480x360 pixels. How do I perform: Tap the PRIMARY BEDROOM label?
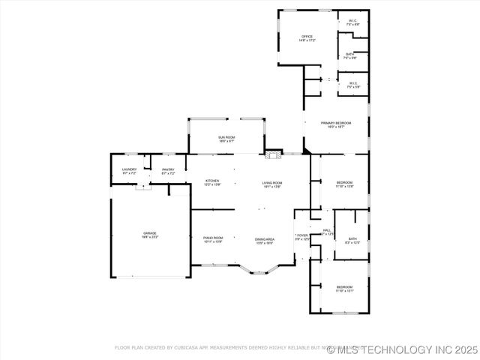336,124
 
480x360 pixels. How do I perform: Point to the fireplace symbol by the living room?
273,155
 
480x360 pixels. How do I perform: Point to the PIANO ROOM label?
213,239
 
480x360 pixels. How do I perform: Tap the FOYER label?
301,236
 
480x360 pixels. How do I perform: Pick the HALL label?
327,232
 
